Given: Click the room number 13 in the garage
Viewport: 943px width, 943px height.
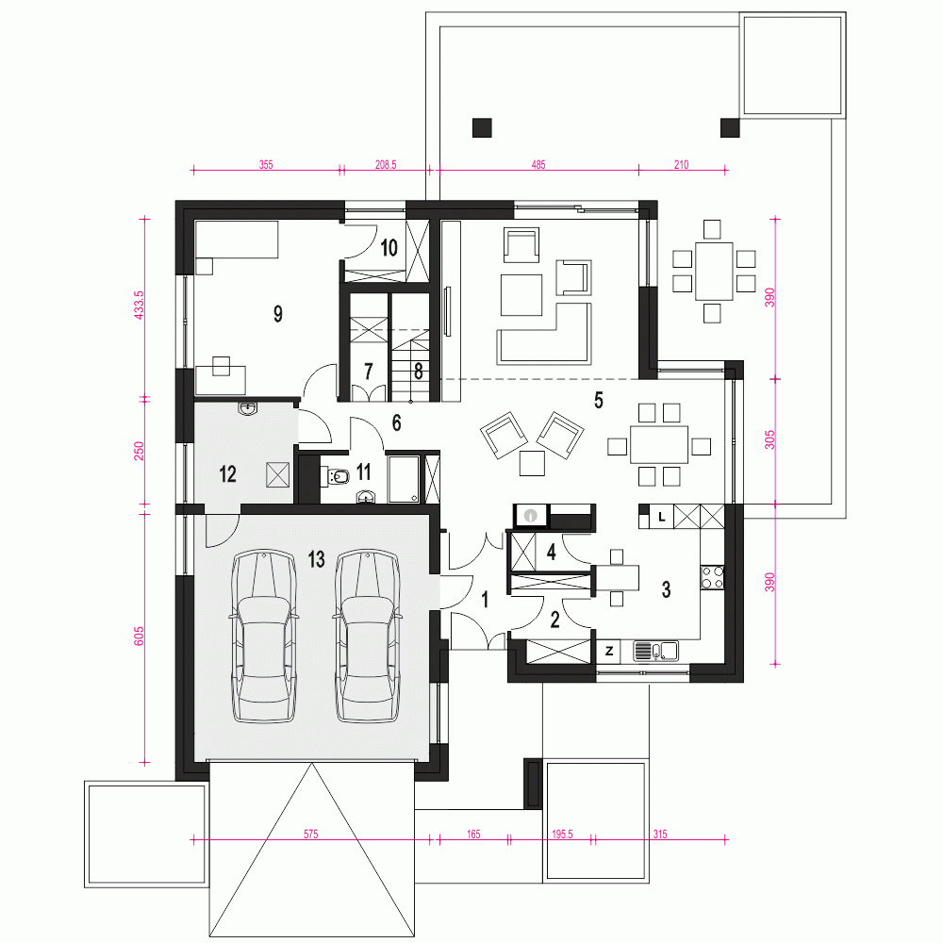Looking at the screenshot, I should (316, 560).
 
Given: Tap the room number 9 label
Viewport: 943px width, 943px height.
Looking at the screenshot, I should (278, 314).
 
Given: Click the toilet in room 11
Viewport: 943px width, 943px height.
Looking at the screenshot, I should (339, 477).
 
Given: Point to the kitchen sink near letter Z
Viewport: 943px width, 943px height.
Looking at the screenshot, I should (656, 650).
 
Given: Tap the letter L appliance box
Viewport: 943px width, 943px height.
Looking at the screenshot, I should (662, 516).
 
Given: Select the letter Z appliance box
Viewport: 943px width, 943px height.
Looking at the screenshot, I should (610, 651).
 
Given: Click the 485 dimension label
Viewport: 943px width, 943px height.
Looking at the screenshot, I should (538, 164).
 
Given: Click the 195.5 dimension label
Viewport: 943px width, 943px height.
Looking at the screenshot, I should (562, 834).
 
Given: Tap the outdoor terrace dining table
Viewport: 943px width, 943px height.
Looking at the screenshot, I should (714, 271).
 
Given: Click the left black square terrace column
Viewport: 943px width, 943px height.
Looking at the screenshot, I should (482, 126).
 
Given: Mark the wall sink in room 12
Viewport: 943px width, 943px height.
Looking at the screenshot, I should (247, 408).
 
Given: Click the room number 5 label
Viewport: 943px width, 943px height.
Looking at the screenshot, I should (598, 400).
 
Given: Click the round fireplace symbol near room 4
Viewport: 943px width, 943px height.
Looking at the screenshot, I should (531, 516).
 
